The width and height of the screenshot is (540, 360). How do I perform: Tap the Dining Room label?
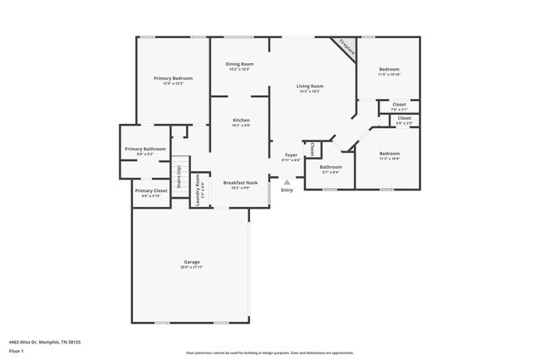tap(241, 64)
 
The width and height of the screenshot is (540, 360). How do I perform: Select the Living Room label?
tap(311, 86)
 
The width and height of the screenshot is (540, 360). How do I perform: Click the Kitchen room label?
tap(241, 121)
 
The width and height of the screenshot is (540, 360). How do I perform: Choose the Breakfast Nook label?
tap(241, 182)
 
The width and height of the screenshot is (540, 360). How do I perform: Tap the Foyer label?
tap(292, 155)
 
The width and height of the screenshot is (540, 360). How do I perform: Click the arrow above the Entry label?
tap(287, 181)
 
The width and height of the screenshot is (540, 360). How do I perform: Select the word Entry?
tap(287, 190)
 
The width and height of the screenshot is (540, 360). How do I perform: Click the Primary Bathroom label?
tap(145, 149)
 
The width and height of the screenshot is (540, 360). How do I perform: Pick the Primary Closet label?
tap(145, 190)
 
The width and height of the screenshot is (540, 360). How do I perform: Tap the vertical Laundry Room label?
tap(198, 190)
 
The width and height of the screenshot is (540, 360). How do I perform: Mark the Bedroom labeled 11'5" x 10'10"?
tap(390, 69)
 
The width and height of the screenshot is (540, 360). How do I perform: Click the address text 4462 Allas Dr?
tap(45, 341)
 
